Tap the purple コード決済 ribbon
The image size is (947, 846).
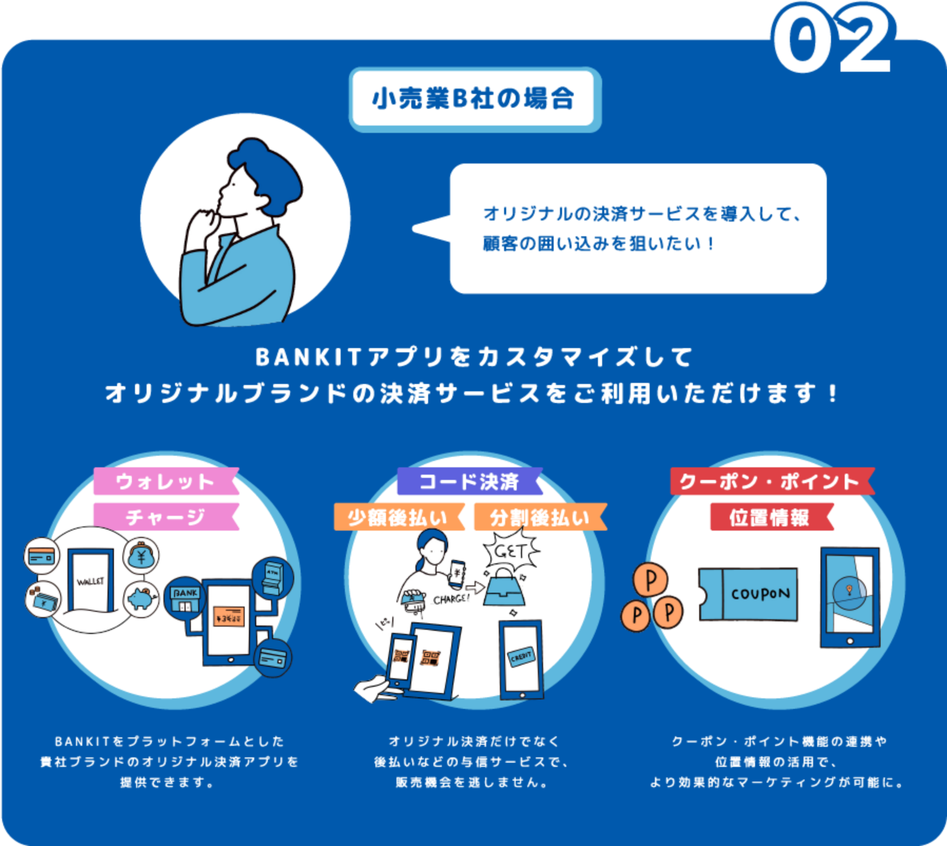click(469, 481)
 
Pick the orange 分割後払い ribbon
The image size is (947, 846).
click(539, 517)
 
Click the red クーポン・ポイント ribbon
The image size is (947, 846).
click(771, 481)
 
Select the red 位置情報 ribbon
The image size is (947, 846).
click(770, 517)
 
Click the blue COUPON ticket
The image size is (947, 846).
click(749, 594)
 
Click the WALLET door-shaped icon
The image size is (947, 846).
click(91, 580)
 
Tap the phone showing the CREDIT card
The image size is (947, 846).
click(521, 659)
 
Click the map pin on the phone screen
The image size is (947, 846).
click(849, 590)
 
